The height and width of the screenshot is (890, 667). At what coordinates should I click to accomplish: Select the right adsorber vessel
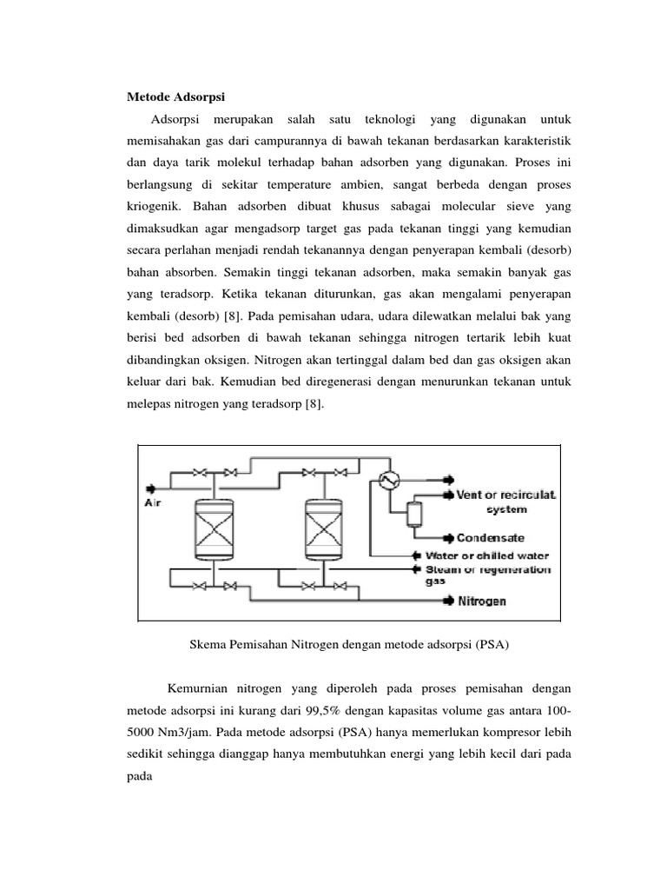pyautogui.click(x=319, y=528)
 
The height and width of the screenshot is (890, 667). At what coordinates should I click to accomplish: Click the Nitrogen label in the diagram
pyautogui.click(x=482, y=601)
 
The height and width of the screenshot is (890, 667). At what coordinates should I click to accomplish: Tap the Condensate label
pyautogui.click(x=491, y=538)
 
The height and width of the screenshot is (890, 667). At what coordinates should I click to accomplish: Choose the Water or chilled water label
pyautogui.click(x=499, y=555)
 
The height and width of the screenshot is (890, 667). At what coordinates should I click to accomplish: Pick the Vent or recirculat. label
pyautogui.click(x=505, y=494)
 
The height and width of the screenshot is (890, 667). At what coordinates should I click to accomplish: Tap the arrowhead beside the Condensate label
pyautogui.click(x=446, y=538)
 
